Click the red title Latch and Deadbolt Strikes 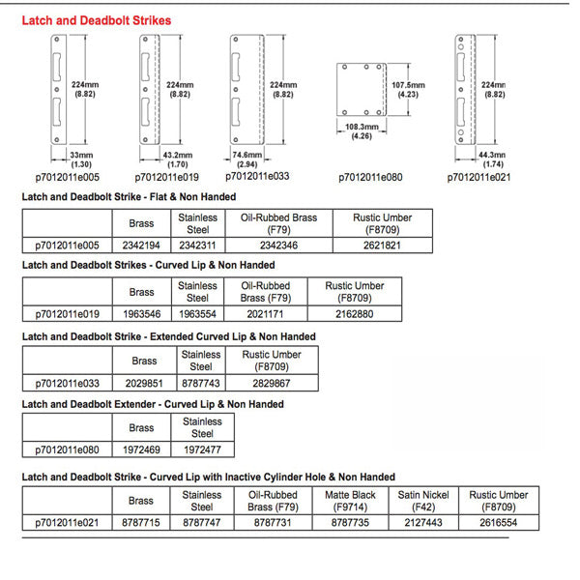(96, 19)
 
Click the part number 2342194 (141, 246)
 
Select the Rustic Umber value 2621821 (382, 246)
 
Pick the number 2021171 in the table (266, 314)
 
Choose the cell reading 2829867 (271, 383)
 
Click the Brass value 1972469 (141, 450)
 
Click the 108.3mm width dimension (362, 131)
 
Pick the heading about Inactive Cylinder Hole (208, 477)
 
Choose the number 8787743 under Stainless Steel (200, 383)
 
